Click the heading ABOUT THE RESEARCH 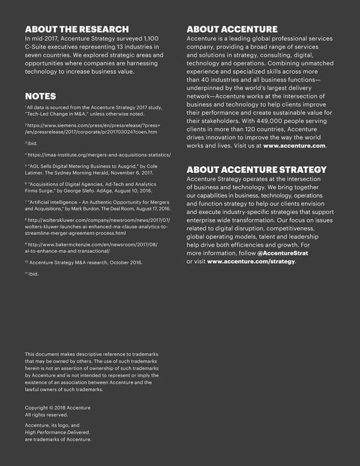pyautogui.click(x=77, y=29)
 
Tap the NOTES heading pyautogui.click(x=40, y=96)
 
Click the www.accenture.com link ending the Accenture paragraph pyautogui.click(x=294, y=146)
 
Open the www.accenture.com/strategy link pyautogui.click(x=251, y=261)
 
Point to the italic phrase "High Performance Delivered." pyautogui.click(x=57, y=432)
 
